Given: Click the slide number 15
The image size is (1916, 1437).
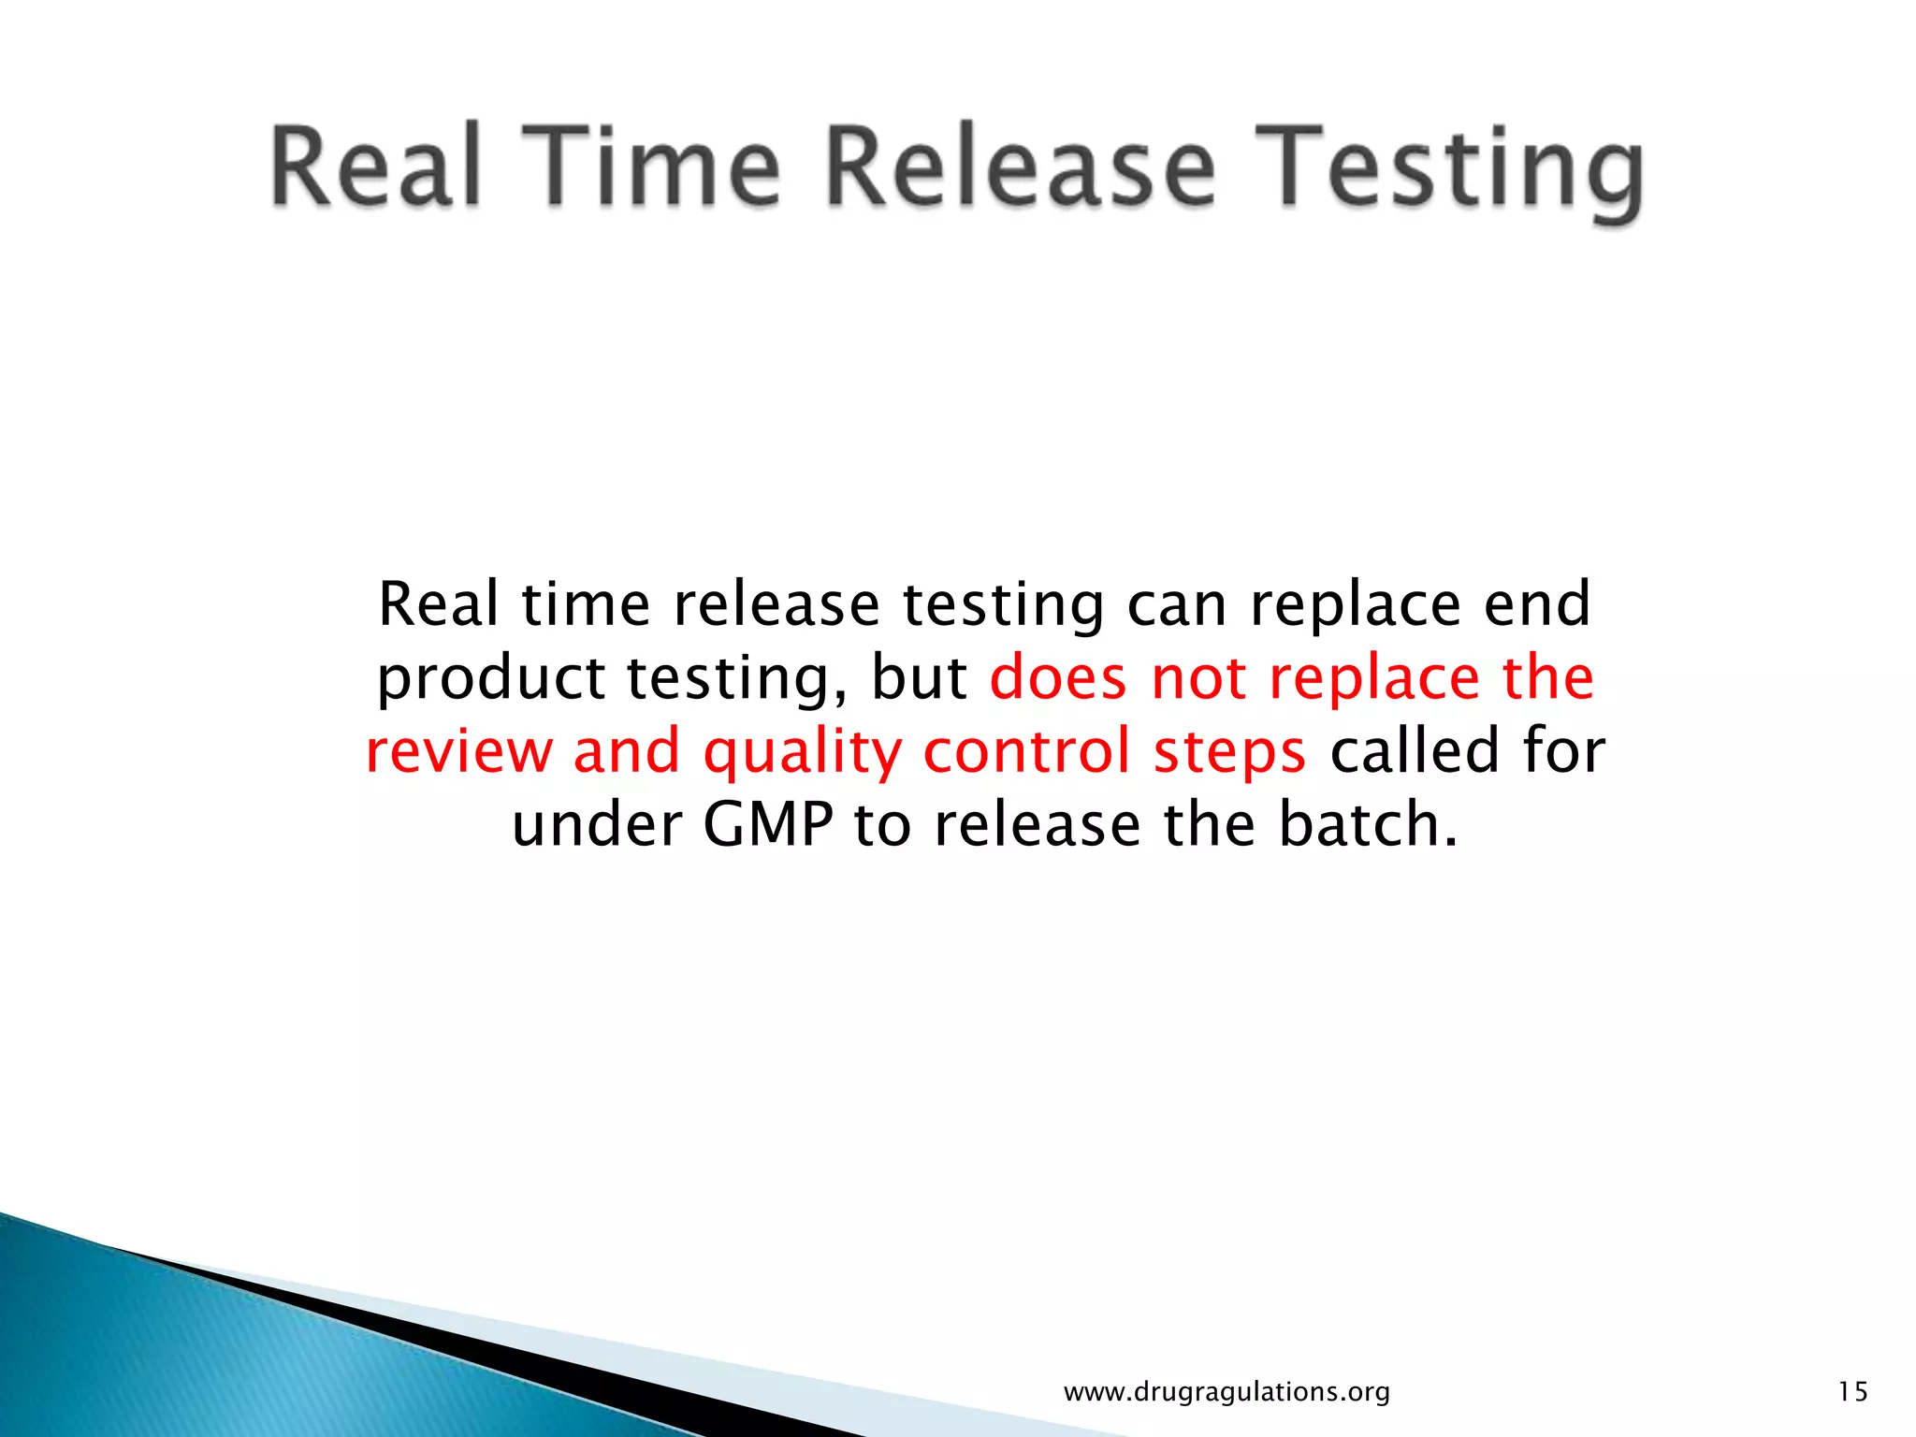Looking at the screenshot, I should click(1852, 1392).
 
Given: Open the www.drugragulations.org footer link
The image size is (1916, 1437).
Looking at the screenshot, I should click(1227, 1392).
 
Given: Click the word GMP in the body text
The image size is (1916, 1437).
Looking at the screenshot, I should click(767, 825).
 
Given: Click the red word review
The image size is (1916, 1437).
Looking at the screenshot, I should click(457, 751).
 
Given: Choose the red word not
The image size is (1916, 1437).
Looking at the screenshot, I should click(1198, 678).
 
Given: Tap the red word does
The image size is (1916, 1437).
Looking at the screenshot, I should click(1058, 678).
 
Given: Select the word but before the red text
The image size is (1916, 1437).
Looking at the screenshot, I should click(919, 678).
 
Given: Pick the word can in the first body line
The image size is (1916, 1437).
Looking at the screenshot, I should click(1176, 606).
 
